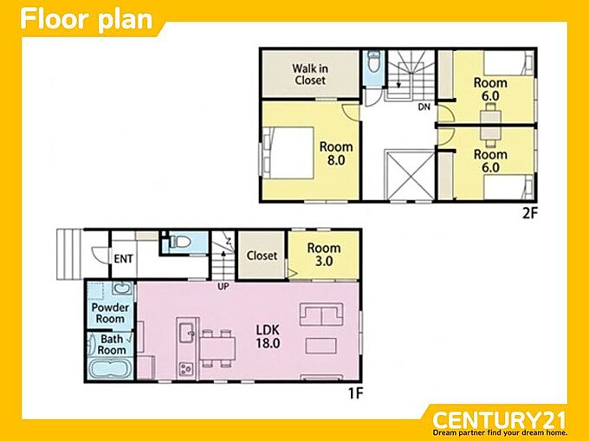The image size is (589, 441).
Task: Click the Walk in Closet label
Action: [x=310, y=75]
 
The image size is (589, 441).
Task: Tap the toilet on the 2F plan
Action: [x=373, y=62]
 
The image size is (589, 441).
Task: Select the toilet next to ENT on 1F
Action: [x=179, y=242]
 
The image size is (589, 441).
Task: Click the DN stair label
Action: [x=424, y=107]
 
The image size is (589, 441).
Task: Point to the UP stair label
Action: [x=223, y=287]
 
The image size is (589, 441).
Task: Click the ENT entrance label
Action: [x=123, y=259]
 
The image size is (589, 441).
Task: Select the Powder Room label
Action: [x=110, y=314]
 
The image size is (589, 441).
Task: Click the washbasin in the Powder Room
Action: [x=123, y=289]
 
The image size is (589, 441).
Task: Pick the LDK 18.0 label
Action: [x=268, y=336]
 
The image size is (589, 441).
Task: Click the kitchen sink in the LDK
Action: [x=187, y=333]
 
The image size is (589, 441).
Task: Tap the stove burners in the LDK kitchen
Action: [x=186, y=369]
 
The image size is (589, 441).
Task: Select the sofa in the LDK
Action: [x=321, y=315]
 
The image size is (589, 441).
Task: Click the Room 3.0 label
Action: [x=324, y=255]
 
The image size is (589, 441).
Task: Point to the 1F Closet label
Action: [x=262, y=256]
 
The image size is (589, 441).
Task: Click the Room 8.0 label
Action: [x=336, y=153]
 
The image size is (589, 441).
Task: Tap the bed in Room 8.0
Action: [x=288, y=152]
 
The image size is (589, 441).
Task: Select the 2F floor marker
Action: [x=530, y=213]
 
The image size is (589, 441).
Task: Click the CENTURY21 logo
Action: [x=499, y=420]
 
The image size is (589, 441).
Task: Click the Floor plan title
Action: [x=87, y=20]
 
